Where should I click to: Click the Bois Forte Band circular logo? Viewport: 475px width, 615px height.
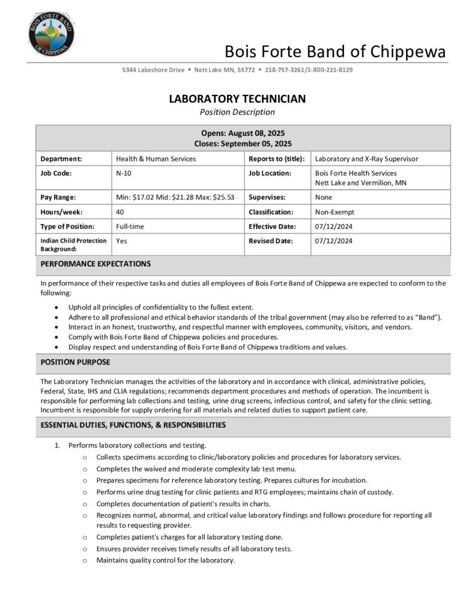[51, 32]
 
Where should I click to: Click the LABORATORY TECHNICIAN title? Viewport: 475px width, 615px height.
[237, 99]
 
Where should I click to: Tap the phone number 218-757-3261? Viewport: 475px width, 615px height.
[285, 70]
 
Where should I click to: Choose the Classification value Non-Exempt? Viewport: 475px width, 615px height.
[335, 212]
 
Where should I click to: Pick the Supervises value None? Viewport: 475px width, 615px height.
[324, 197]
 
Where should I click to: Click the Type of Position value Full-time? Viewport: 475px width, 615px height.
[130, 226]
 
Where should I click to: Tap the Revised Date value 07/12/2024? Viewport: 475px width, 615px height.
[334, 241]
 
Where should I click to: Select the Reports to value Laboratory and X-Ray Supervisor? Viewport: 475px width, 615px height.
[366, 159]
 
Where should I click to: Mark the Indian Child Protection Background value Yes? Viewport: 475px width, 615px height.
[121, 241]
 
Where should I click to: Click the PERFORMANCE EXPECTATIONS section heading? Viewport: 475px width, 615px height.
[95, 264]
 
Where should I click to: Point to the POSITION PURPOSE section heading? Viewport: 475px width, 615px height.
[75, 362]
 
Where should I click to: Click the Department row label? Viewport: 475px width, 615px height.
[61, 159]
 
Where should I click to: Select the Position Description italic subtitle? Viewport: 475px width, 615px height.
[237, 112]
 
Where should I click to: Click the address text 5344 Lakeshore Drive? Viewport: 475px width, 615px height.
[153, 70]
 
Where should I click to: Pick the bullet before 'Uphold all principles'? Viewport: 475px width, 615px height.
[56, 307]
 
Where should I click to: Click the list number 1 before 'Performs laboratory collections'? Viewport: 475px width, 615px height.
[58, 446]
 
